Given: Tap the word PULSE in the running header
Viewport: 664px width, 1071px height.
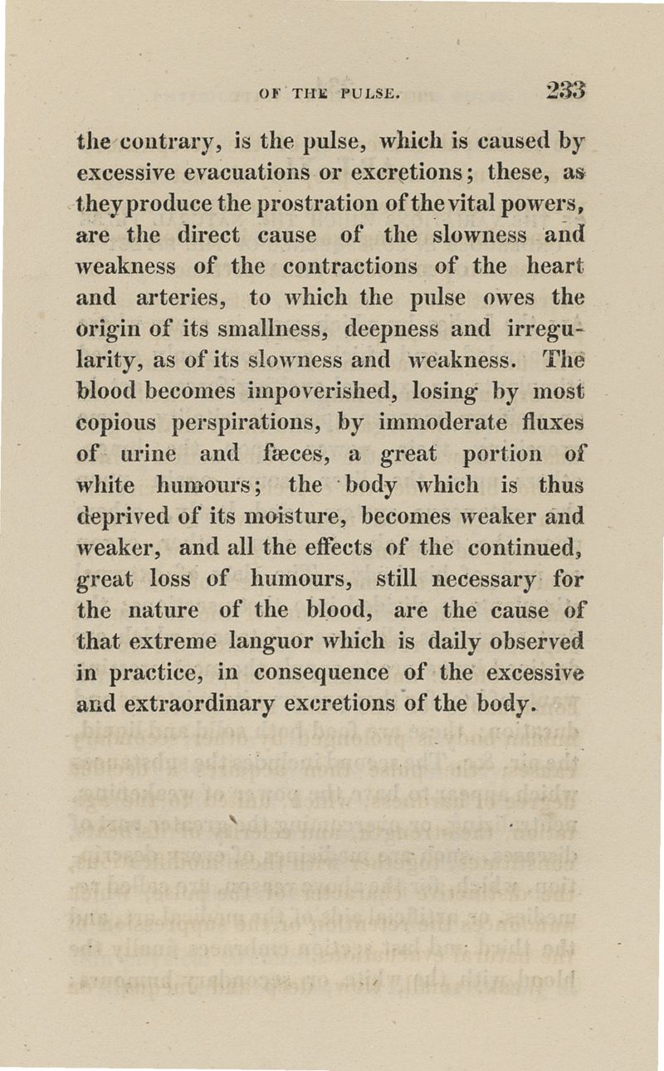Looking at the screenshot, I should pyautogui.click(x=369, y=88).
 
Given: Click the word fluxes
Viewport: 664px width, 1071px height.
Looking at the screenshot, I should pyautogui.click(x=551, y=422).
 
